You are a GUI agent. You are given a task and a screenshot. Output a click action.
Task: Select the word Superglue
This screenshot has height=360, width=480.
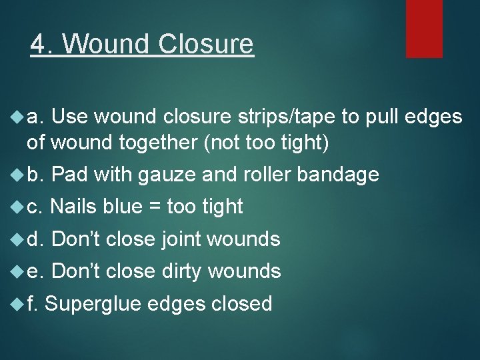(x=93, y=304)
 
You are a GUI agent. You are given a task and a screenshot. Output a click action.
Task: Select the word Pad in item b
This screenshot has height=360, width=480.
(x=70, y=175)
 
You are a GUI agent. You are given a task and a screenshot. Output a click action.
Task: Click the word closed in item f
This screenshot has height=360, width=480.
(x=241, y=304)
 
